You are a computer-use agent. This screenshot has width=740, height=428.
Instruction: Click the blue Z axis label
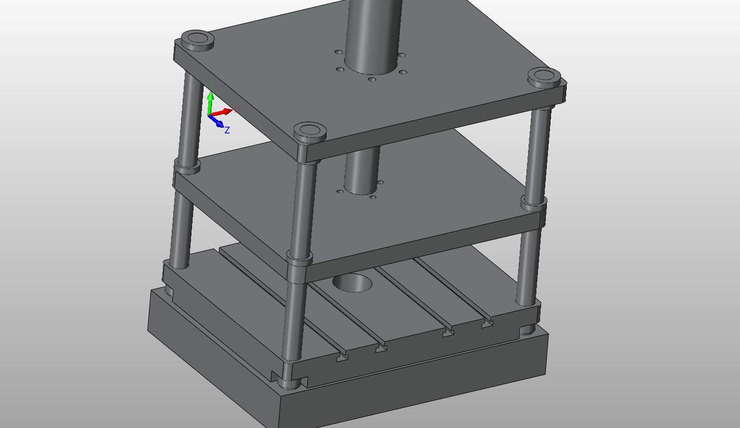pos(227,130)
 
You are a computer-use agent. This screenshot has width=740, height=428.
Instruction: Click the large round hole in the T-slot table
pos(352,283)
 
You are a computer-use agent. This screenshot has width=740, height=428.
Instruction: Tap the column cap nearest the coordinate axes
pos(197,40)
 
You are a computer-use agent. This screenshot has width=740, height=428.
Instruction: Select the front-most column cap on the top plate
pos(310,131)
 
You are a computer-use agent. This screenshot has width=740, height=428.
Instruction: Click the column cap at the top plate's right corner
pos(544,76)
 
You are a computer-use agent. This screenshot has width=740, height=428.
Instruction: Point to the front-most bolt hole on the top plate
pos(372,80)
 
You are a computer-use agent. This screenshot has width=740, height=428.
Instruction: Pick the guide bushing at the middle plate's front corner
pos(299,258)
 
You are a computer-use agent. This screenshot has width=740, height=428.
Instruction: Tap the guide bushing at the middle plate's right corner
pos(533,202)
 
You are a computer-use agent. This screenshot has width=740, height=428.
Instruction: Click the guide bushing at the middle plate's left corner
pos(187,167)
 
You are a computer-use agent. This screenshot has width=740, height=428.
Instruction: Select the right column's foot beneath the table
pos(528,330)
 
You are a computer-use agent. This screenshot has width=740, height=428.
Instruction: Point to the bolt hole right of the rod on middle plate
pos(380,183)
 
